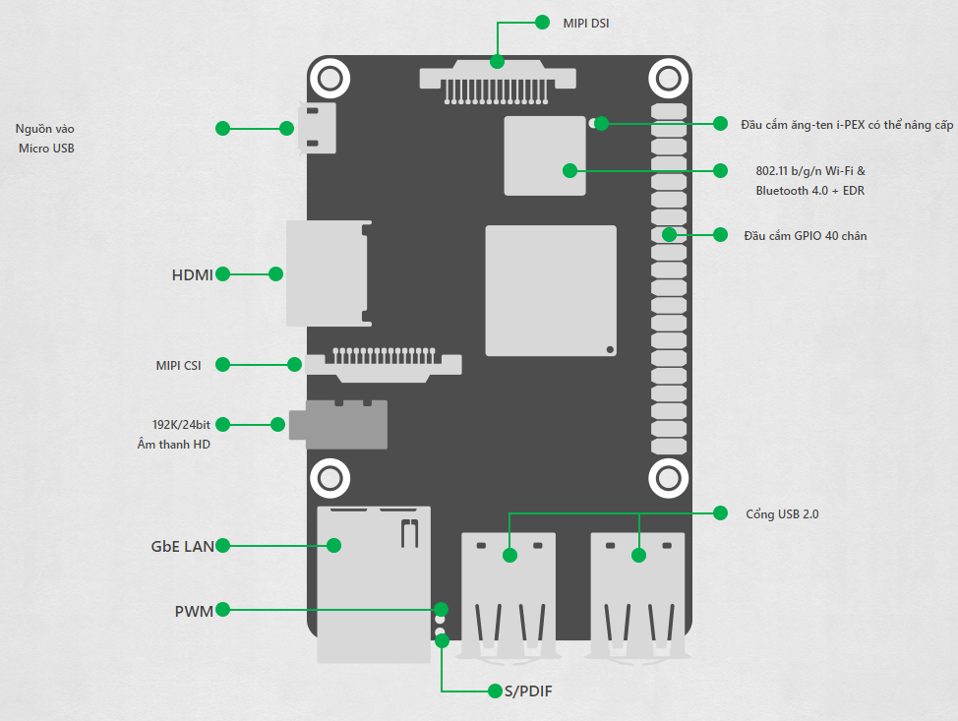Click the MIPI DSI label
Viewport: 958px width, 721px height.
click(x=586, y=24)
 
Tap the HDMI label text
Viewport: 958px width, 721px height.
click(x=193, y=275)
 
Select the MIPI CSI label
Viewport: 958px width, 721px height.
click(x=178, y=365)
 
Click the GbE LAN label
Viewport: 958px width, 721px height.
click(x=183, y=546)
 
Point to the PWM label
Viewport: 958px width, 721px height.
click(x=194, y=611)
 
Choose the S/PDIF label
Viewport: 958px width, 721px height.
click(x=528, y=691)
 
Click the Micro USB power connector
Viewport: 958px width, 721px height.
click(x=317, y=128)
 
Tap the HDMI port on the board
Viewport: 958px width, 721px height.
click(x=329, y=273)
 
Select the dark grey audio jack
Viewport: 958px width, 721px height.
click(x=338, y=425)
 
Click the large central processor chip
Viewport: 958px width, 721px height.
click(x=551, y=291)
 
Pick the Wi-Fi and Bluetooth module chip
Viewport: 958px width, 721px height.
click(x=544, y=155)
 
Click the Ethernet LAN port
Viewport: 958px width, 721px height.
click(x=374, y=584)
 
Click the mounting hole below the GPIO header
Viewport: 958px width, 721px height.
click(x=669, y=478)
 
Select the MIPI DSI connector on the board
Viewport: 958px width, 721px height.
click(x=498, y=82)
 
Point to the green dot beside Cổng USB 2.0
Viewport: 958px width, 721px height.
click(x=720, y=513)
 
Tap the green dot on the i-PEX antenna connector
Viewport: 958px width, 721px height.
click(x=601, y=123)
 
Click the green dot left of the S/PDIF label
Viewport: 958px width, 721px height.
click(x=495, y=691)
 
